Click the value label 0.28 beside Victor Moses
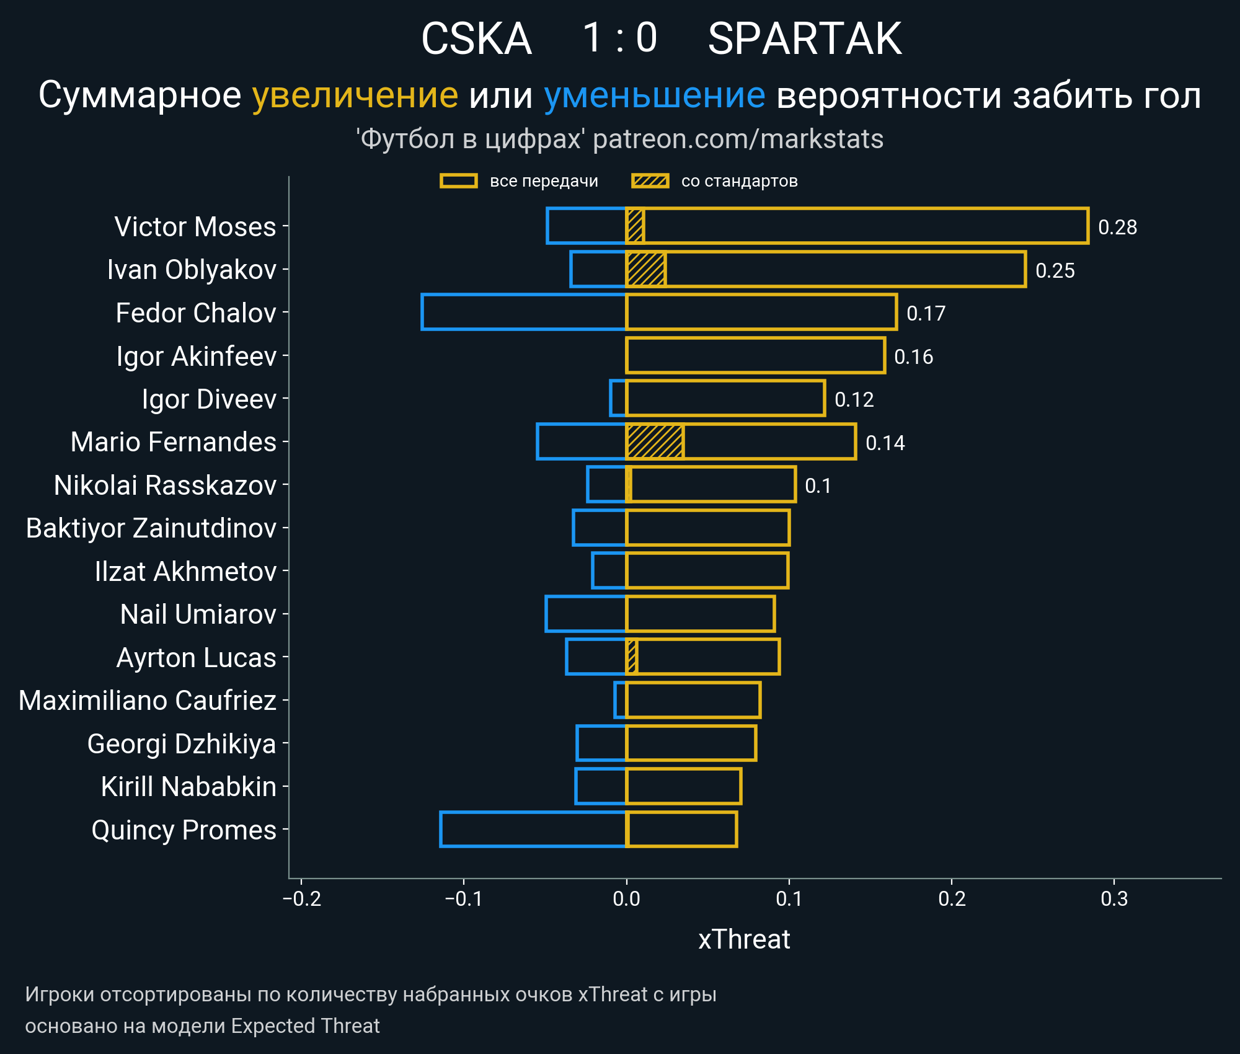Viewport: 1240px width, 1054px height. [1117, 227]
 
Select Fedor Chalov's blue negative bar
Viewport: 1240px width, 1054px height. [524, 312]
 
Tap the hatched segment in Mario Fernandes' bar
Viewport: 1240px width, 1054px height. [655, 441]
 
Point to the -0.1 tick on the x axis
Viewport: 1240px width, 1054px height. [464, 898]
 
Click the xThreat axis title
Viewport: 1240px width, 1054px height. [744, 939]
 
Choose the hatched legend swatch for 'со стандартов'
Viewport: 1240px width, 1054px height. [650, 181]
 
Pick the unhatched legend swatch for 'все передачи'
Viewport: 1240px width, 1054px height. [458, 181]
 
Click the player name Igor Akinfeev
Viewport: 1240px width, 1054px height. [196, 356]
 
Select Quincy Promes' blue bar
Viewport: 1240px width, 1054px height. [533, 829]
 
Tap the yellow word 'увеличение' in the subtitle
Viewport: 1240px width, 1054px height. [355, 95]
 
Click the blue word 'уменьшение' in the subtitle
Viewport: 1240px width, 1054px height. [654, 95]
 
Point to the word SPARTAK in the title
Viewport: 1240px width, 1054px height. [804, 39]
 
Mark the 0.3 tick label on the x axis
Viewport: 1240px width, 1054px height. [1114, 898]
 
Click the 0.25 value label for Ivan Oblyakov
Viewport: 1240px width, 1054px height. [1055, 270]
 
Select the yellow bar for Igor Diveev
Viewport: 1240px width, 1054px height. [725, 398]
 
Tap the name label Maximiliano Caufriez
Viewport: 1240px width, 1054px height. [148, 701]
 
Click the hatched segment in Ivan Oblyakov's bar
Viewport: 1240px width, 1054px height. [646, 269]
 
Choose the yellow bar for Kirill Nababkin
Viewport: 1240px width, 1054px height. [683, 786]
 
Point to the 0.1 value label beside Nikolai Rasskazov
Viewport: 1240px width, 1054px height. [818, 485]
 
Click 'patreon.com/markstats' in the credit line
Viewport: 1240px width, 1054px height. [738, 139]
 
